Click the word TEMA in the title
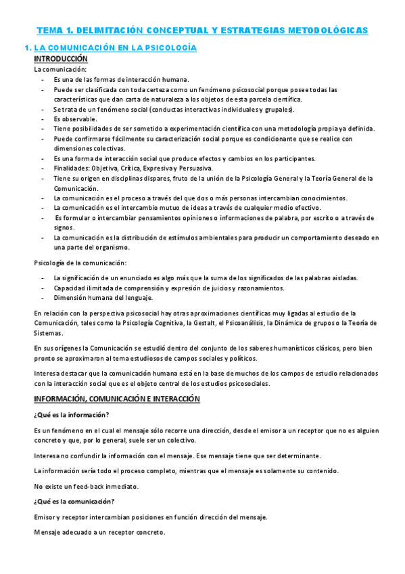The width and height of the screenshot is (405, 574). [x=48, y=30]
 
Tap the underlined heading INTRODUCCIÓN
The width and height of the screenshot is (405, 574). [x=61, y=59]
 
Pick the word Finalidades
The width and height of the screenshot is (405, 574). [x=70, y=169]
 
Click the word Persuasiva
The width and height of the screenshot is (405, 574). [x=194, y=169]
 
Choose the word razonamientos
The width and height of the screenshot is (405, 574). [x=258, y=288]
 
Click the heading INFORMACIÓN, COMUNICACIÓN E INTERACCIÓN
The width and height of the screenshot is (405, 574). [x=117, y=399]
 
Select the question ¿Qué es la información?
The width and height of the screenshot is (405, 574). [x=71, y=414]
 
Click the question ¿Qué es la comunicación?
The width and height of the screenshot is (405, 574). [x=74, y=501]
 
